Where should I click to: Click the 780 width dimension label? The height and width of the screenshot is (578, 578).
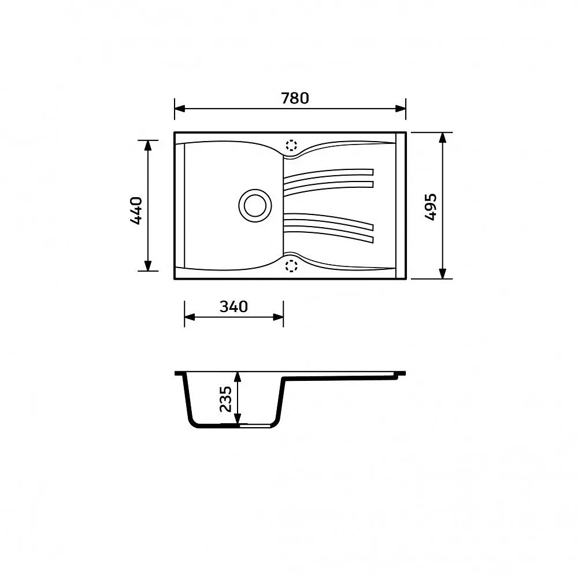[x=295, y=98]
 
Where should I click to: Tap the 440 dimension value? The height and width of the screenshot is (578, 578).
[x=136, y=211]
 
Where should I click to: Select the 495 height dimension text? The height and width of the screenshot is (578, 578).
[x=431, y=207]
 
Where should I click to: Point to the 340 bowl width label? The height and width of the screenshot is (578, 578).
[x=234, y=307]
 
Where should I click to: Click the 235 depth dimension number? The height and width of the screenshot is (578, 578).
[x=225, y=399]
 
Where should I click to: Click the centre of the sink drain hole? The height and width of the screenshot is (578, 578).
[x=255, y=206]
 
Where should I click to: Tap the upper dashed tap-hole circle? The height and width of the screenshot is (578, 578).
[x=291, y=145]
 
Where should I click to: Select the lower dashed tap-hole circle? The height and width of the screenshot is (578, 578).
[x=291, y=265]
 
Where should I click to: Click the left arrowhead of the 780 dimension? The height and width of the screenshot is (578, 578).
[x=180, y=109]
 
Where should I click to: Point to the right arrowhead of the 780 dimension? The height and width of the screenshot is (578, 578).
[x=401, y=109]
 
